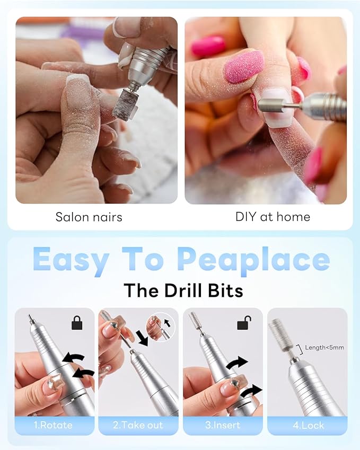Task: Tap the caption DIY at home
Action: point(273,217)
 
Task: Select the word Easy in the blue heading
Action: point(71,260)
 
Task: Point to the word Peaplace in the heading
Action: point(253,260)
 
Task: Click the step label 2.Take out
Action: point(138,425)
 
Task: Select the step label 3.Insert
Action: point(222,425)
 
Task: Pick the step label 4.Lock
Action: point(307,425)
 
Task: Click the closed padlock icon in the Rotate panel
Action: point(77,323)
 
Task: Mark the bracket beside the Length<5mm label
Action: point(301,348)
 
